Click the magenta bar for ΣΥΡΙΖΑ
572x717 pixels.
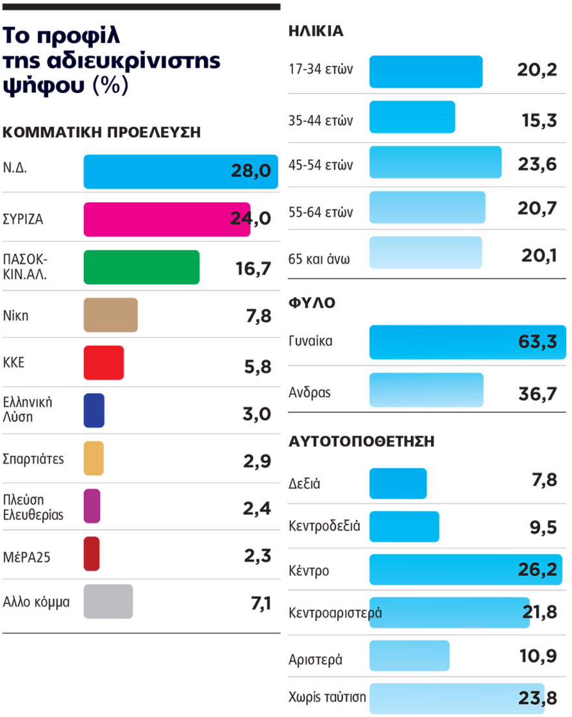click(x=166, y=219)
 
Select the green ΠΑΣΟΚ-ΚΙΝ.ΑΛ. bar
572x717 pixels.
click(x=141, y=267)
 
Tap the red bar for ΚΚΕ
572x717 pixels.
click(x=103, y=363)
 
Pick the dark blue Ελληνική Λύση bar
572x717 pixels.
click(x=94, y=410)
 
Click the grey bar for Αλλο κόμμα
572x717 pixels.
click(x=108, y=601)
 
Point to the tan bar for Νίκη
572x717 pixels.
click(x=110, y=315)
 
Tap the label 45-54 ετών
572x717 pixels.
click(x=320, y=165)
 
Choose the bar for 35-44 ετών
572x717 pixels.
click(x=412, y=117)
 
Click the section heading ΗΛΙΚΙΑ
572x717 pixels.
click(x=315, y=31)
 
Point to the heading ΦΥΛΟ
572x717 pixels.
click(x=312, y=304)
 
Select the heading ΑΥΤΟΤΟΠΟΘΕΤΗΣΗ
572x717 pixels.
click(x=361, y=442)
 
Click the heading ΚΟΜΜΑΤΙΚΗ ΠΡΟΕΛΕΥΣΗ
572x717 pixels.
click(x=102, y=132)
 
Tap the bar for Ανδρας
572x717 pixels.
click(x=426, y=390)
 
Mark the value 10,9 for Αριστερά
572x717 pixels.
click(x=538, y=656)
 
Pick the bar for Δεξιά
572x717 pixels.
click(x=398, y=484)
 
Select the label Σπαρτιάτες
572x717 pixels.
click(x=34, y=458)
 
